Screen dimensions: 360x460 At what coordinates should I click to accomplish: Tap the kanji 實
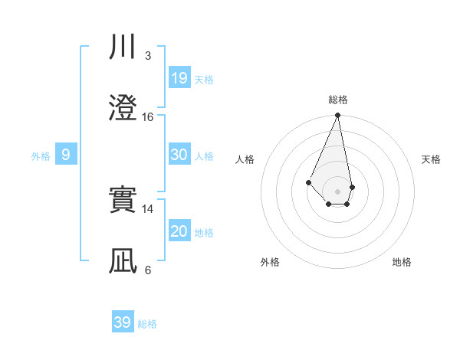point(123,201)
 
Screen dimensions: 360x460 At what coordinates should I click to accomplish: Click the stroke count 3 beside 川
point(148,56)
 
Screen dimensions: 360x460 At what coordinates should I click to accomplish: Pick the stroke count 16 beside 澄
point(148,117)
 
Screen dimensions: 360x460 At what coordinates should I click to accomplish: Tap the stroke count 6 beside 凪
point(148,270)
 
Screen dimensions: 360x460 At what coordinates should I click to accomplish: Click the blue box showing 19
point(179,77)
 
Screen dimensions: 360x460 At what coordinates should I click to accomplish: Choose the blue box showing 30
point(179,155)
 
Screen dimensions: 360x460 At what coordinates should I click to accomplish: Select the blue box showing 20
point(179,231)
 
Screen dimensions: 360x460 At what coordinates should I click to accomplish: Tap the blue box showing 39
point(122,322)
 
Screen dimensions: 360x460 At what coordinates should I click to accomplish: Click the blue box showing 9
point(66,155)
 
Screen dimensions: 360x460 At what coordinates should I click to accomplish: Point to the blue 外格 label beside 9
point(41,156)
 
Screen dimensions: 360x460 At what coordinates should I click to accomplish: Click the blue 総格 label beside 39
point(147,324)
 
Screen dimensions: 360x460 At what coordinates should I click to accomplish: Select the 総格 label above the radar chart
point(338,100)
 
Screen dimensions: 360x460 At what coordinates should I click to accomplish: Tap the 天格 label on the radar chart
point(432,159)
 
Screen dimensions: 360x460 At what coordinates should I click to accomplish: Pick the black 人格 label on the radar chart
point(245,159)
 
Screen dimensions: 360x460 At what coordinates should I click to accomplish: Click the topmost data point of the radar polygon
point(338,116)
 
